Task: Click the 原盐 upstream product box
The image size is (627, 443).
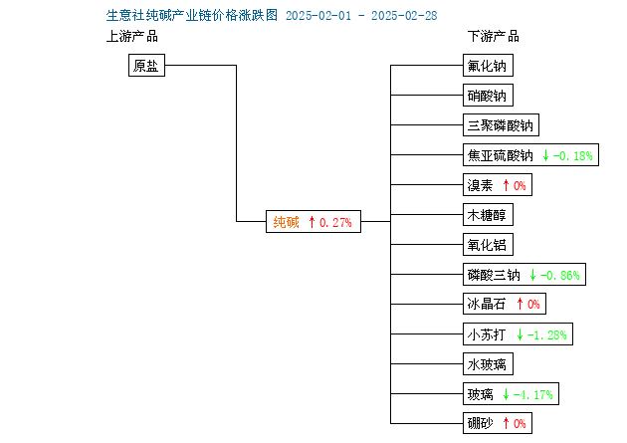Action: pyautogui.click(x=146, y=65)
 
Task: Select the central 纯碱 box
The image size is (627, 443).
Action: pyautogui.click(x=313, y=221)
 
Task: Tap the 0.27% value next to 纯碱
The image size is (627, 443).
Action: pyautogui.click(x=335, y=222)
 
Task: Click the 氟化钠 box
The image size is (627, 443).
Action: pyautogui.click(x=488, y=65)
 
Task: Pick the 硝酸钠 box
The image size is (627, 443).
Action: pyautogui.click(x=488, y=96)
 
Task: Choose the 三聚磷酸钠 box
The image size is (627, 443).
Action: pyautogui.click(x=501, y=125)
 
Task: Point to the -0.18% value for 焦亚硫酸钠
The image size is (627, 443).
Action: pyautogui.click(x=572, y=155)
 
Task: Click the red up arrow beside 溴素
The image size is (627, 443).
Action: pyautogui.click(x=506, y=185)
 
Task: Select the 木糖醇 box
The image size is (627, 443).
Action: pyautogui.click(x=488, y=215)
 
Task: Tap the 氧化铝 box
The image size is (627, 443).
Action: pyautogui.click(x=488, y=245)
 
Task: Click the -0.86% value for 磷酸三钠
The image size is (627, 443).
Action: pyautogui.click(x=559, y=275)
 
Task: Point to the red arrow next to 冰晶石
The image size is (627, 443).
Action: pyautogui.click(x=520, y=304)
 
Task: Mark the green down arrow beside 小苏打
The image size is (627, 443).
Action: pyautogui.click(x=520, y=334)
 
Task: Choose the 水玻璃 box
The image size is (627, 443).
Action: pyautogui.click(x=488, y=363)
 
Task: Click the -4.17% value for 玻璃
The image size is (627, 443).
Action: pyautogui.click(x=533, y=394)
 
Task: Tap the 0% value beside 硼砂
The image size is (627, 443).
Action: pyautogui.click(x=520, y=423)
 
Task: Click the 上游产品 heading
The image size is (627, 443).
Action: pyautogui.click(x=132, y=37)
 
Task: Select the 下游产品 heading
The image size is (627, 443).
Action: pyautogui.click(x=494, y=37)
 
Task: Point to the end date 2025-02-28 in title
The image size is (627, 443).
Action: pyautogui.click(x=404, y=16)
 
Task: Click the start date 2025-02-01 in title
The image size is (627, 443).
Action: pyautogui.click(x=318, y=16)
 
